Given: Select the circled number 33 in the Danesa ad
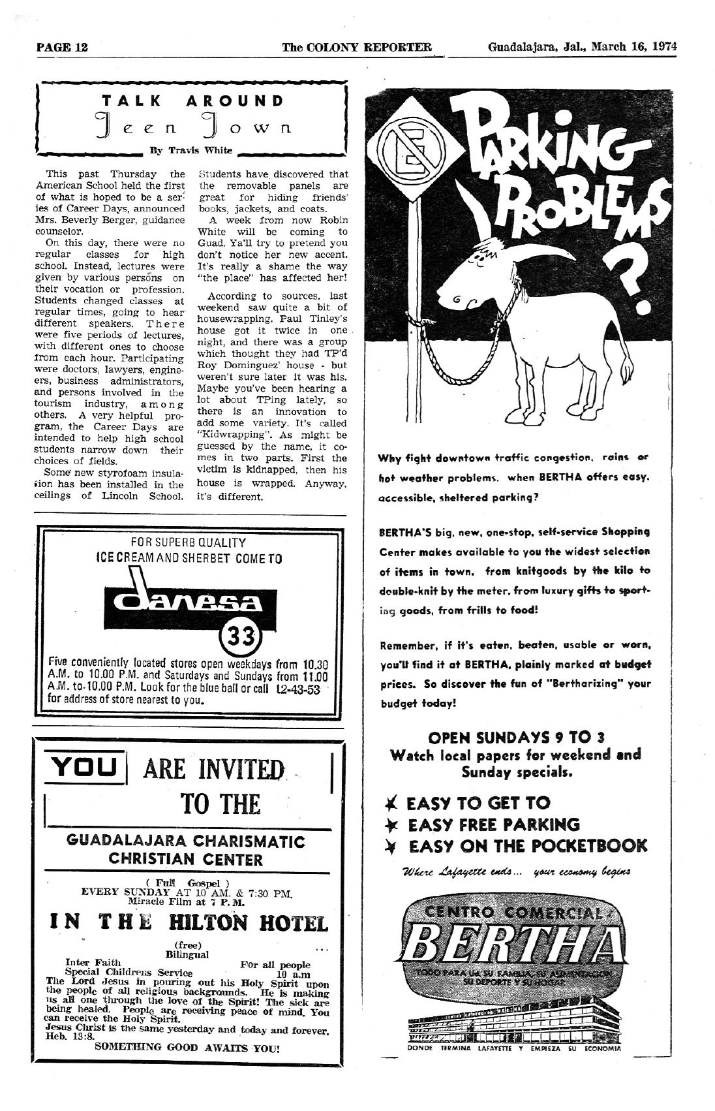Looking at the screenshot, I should coord(246,634).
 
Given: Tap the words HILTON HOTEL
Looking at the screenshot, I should coord(247,923).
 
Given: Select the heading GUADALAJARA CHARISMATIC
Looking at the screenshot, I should coord(186,841).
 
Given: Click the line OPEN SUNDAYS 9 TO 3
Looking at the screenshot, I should coord(516,738).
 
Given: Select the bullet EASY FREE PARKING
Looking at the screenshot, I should coord(493,824).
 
